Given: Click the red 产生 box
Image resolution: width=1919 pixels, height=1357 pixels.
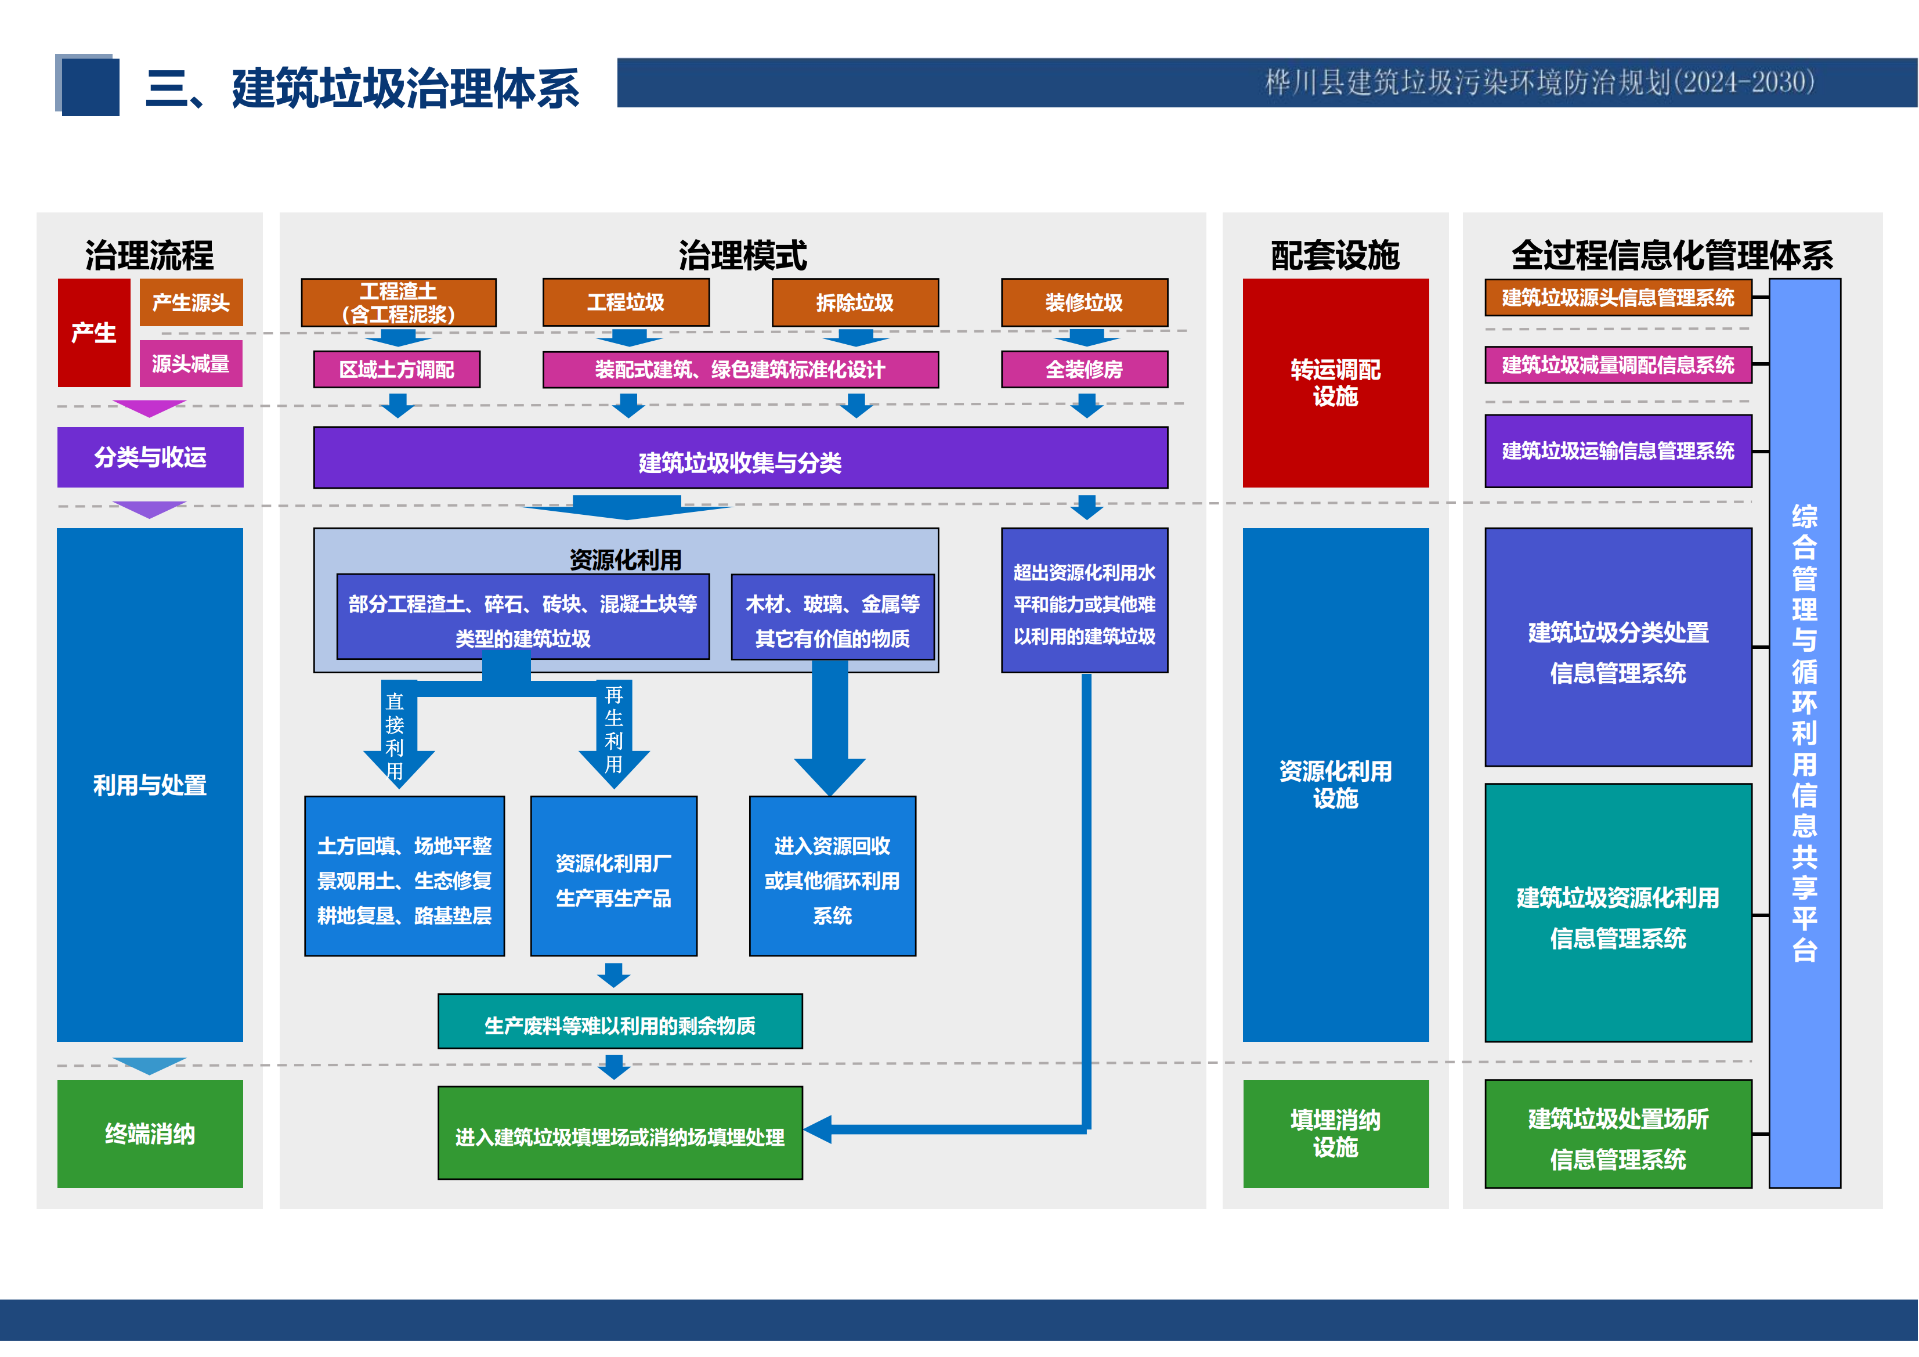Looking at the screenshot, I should pos(93,333).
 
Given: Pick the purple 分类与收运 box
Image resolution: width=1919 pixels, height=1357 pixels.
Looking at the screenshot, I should pos(150,457).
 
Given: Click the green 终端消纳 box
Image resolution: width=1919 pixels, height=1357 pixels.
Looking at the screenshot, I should pos(150,1134).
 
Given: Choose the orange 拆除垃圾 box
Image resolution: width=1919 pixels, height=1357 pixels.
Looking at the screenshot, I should pos(855,302).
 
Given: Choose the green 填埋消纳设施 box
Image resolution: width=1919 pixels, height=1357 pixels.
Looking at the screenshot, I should pos(1336,1134).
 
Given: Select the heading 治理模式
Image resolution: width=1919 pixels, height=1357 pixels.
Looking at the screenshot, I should pos(742,255).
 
